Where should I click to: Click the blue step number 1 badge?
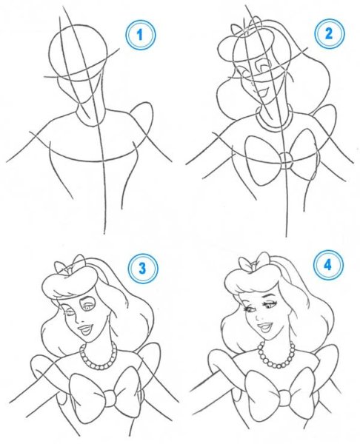[x=140, y=36]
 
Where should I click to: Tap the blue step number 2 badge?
[x=329, y=34]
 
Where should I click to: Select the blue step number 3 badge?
[x=142, y=268]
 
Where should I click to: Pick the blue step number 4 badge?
[x=328, y=266]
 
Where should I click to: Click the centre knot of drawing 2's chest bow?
[x=286, y=161]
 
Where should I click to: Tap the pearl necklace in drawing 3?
[x=98, y=356]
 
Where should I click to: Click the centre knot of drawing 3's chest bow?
[x=109, y=397]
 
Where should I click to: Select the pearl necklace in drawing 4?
[x=276, y=354]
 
